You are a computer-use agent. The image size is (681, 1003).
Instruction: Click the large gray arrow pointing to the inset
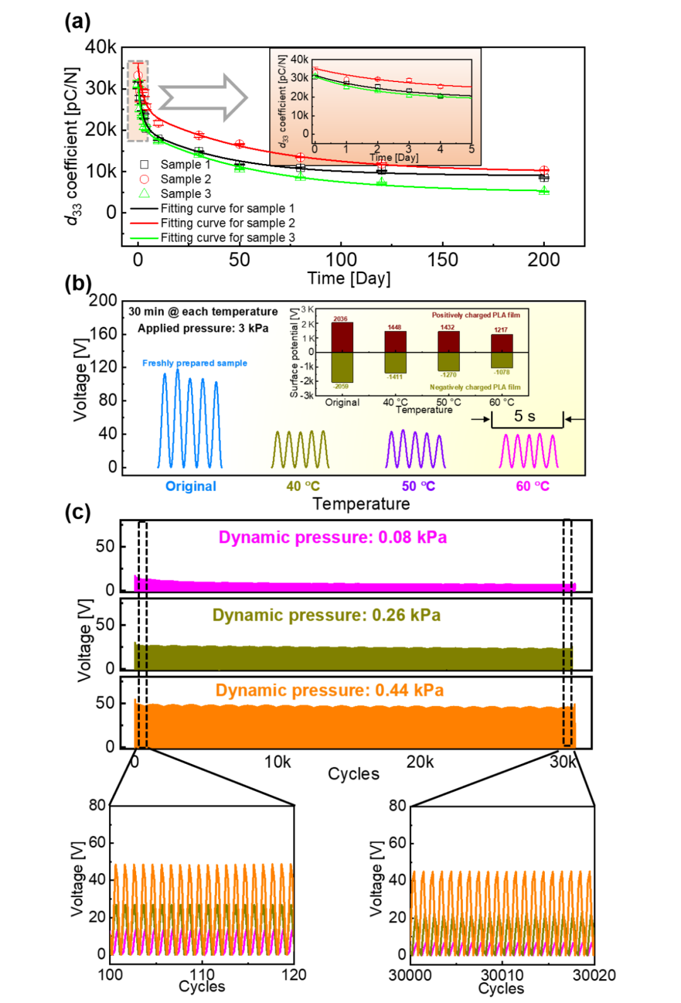tap(203, 98)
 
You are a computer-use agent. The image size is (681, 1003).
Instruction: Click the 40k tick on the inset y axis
tap(300, 59)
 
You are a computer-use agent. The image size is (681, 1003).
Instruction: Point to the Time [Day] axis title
tap(394, 158)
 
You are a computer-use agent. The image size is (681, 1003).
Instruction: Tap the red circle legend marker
tap(144, 179)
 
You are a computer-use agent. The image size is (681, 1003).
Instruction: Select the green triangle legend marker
tap(144, 193)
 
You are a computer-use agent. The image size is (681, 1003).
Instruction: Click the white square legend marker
tap(144, 165)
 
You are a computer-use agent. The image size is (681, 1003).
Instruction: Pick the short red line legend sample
tap(144, 223)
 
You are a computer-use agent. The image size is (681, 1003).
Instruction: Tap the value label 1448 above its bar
tap(395, 327)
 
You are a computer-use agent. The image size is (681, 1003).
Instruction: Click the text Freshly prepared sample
tap(195, 363)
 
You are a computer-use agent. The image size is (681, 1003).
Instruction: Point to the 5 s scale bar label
tap(525, 416)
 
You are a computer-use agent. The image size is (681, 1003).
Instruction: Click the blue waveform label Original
tap(190, 486)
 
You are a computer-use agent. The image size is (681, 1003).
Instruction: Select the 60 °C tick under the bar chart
tap(502, 402)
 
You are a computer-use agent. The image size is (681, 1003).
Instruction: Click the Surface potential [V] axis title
tap(294, 353)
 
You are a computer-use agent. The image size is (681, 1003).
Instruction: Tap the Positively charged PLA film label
tap(476, 315)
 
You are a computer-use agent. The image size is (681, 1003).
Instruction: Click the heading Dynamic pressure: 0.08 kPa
tap(333, 537)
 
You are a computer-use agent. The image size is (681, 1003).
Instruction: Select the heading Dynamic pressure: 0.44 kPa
tap(330, 690)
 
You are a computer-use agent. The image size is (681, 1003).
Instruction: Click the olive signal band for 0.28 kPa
tap(353, 657)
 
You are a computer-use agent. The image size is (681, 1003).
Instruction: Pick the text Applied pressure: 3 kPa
tap(203, 329)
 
